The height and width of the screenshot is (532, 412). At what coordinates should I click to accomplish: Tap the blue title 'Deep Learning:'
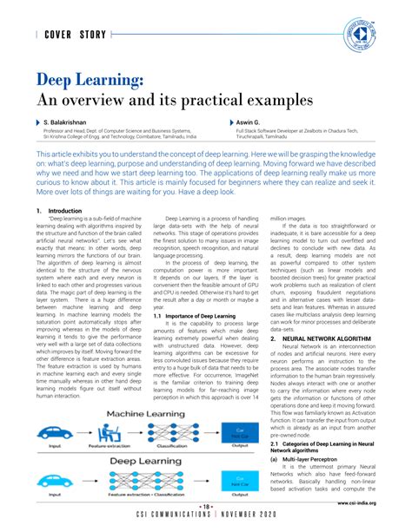(x=90, y=81)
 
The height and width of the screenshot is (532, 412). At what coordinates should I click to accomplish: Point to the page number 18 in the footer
(x=206, y=508)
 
